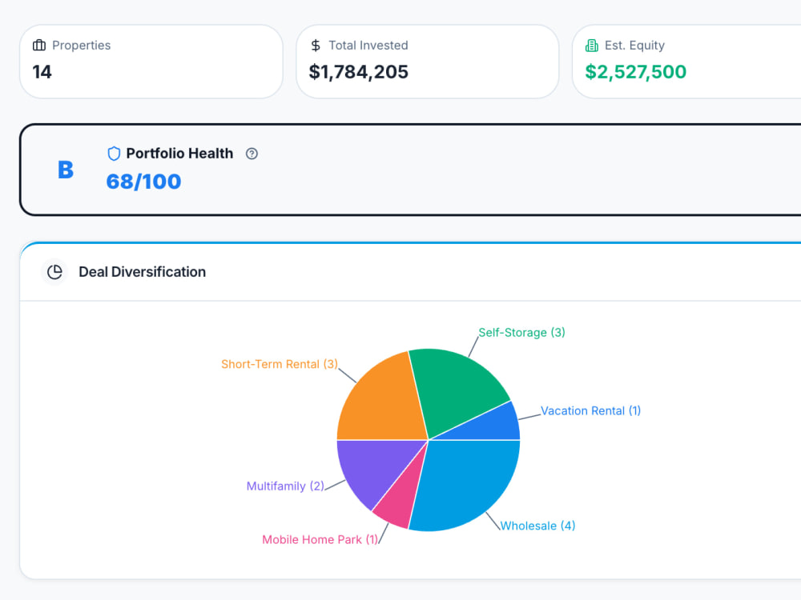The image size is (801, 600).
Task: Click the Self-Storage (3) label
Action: point(521,333)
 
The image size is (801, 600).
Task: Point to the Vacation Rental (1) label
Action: point(590,410)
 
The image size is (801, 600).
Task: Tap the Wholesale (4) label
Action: point(538,526)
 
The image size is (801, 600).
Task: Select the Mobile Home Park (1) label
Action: point(320,539)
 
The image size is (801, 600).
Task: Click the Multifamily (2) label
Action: point(285,486)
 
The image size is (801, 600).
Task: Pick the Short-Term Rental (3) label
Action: point(280,364)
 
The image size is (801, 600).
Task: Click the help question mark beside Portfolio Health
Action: point(252,154)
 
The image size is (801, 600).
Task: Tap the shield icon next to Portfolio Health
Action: point(114,154)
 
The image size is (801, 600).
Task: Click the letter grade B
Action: point(66,170)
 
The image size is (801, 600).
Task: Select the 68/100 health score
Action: point(143,182)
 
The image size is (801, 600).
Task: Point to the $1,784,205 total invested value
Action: point(359,72)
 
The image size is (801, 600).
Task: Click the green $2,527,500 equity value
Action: point(635,72)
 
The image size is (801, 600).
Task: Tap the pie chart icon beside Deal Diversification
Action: point(54,272)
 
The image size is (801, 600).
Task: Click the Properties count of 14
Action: point(42,72)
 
